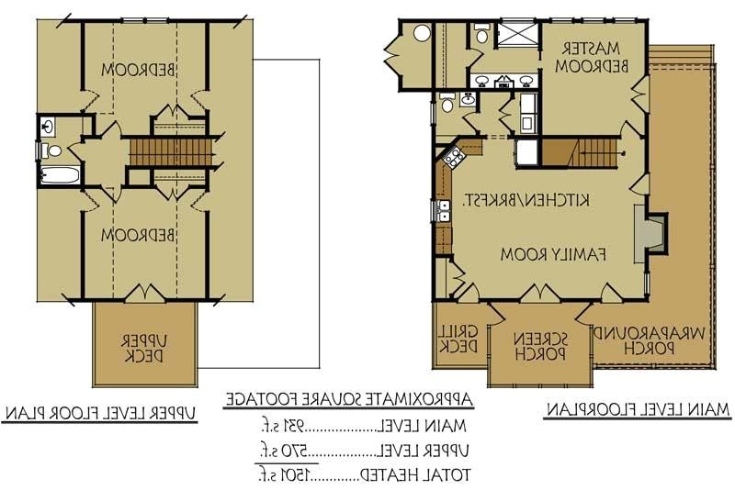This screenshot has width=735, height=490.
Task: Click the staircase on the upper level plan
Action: click(172, 150)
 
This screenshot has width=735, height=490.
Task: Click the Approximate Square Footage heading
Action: click(349, 399)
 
